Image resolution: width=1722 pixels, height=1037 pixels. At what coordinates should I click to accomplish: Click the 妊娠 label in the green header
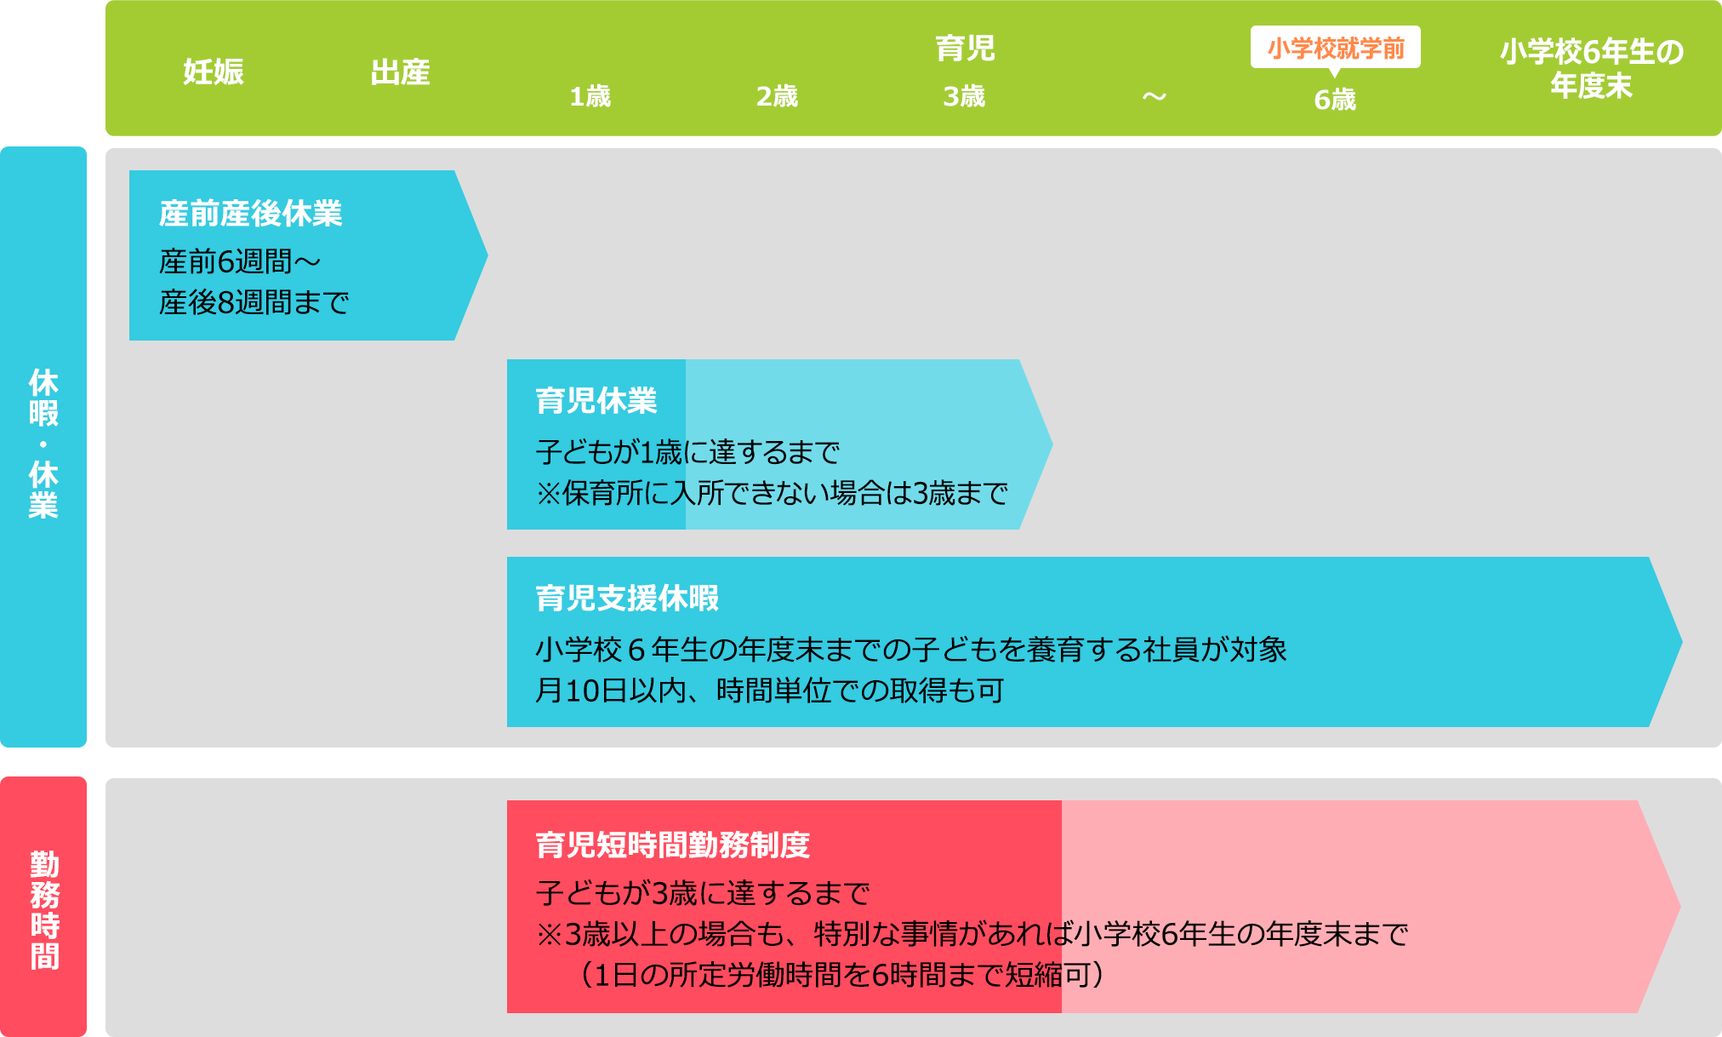pos(214,72)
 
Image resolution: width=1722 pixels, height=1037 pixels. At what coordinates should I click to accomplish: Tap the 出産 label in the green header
pos(400,72)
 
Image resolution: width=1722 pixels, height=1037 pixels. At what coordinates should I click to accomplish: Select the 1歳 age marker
pos(590,96)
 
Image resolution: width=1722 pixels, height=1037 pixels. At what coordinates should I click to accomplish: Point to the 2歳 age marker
pos(777,96)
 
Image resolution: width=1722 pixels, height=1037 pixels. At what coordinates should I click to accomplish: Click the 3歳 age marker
pos(964,96)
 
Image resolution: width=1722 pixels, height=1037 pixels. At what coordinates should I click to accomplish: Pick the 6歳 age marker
pos(1335,100)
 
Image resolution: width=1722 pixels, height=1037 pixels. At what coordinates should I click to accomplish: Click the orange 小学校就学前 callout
pos(1336,48)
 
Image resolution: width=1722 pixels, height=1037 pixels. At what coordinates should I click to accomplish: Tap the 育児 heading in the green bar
pos(965,48)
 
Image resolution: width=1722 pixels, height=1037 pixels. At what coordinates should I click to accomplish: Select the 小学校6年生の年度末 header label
pos(1592,68)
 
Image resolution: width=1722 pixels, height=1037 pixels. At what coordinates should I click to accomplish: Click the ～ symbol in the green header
pos(1154,96)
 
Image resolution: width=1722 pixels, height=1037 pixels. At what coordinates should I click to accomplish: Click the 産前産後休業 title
pos(251,213)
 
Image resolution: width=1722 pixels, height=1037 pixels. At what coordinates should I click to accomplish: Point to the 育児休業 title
pos(596,400)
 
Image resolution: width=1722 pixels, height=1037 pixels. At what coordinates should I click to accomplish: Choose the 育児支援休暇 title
pos(627,598)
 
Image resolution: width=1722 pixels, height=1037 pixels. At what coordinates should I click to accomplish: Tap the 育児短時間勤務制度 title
pos(673,845)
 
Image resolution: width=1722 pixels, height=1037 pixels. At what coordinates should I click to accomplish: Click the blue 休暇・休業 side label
pos(43,444)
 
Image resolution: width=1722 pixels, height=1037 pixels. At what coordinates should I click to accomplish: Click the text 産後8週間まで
pos(254,302)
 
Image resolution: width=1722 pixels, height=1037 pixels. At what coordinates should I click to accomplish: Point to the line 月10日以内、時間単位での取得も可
pos(770,690)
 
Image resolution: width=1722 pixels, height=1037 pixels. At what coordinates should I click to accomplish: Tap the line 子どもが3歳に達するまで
pos(703,893)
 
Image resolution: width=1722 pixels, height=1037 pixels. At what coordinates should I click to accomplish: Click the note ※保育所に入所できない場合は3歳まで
pos(772,493)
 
